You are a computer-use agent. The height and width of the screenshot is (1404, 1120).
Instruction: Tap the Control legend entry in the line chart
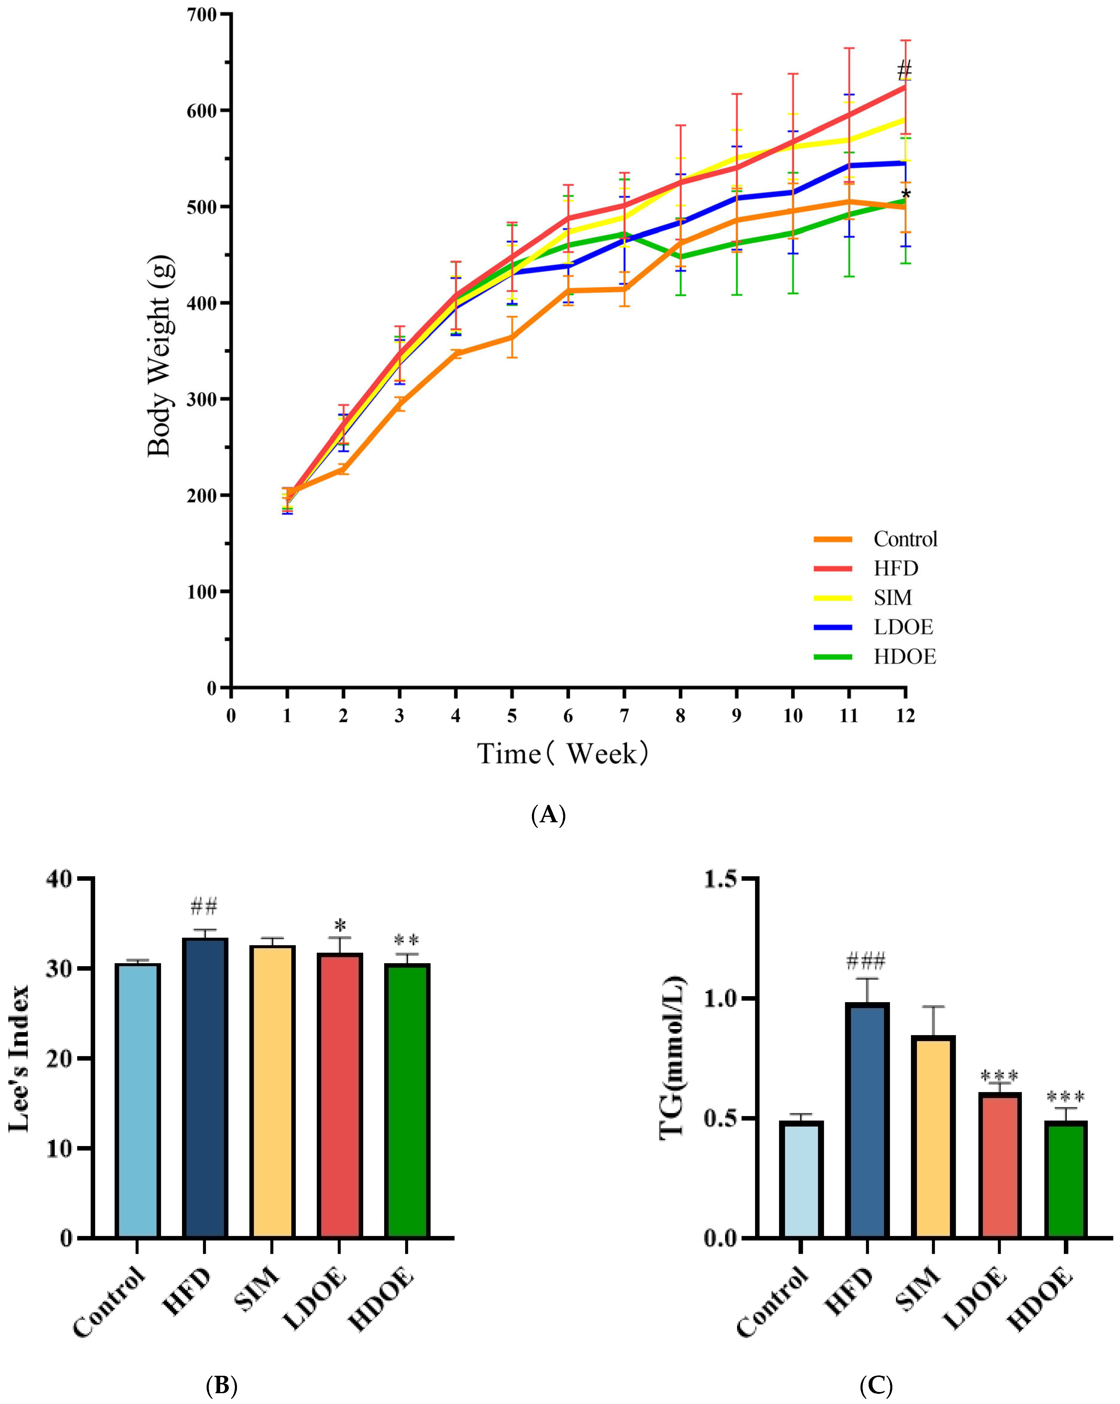coord(904,539)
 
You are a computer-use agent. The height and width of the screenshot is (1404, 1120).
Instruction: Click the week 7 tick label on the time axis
coord(624,716)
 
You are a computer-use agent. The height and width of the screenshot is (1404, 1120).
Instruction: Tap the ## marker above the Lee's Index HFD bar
coord(204,906)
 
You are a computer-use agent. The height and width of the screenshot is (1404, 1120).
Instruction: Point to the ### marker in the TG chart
coord(866,960)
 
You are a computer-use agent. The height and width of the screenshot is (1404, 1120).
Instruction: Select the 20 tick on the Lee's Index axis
coord(60,1058)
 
